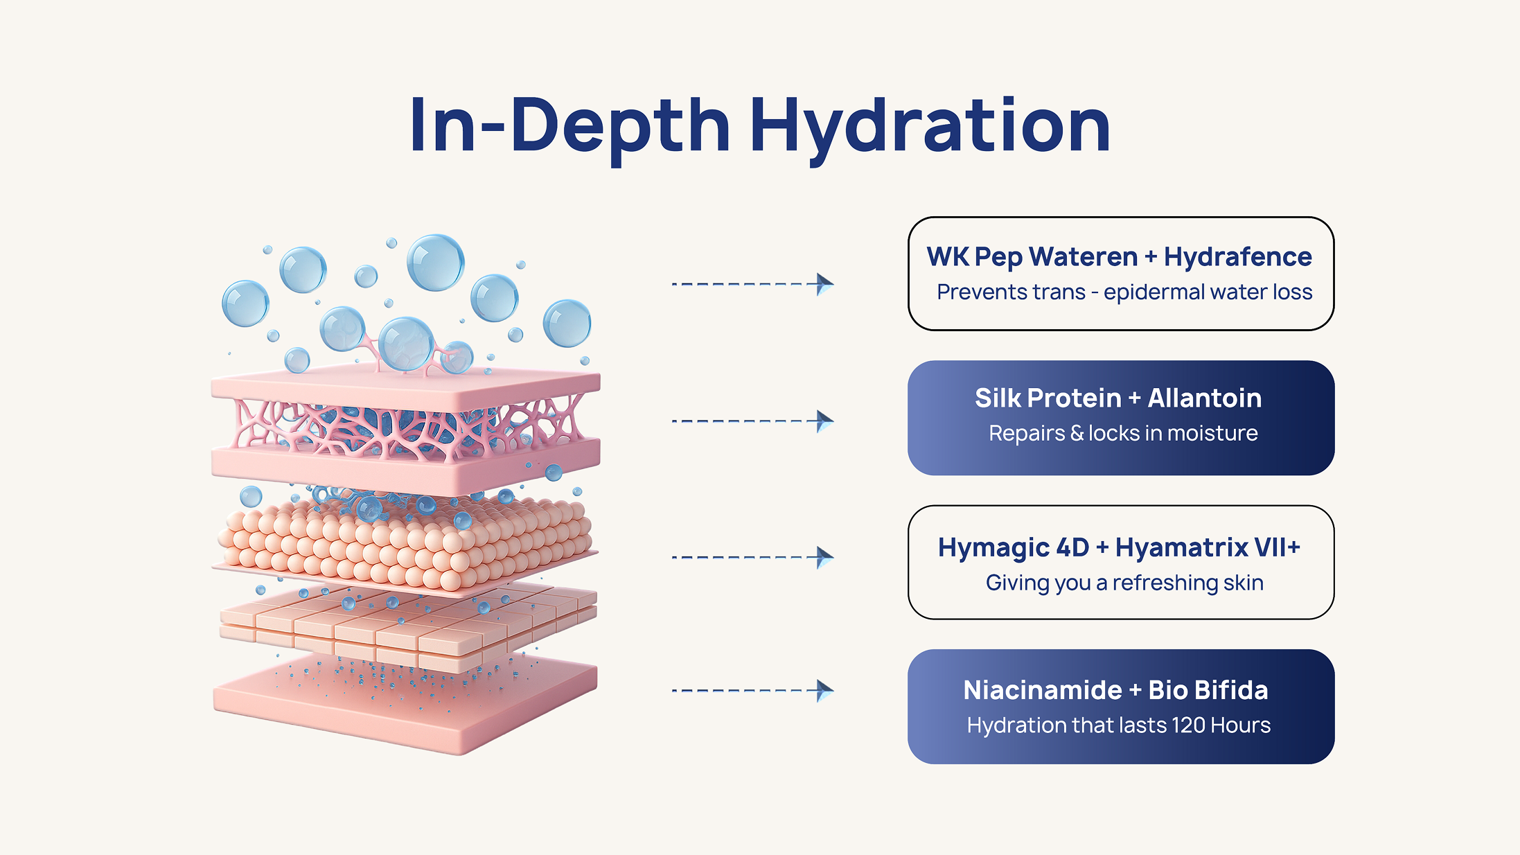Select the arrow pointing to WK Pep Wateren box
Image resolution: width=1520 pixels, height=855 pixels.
pyautogui.click(x=752, y=284)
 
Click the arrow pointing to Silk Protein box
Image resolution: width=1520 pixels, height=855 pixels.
pyautogui.click(x=752, y=421)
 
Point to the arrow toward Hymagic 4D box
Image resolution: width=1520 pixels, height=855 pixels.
pyautogui.click(x=752, y=557)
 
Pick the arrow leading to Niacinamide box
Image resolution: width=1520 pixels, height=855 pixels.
pyautogui.click(x=752, y=691)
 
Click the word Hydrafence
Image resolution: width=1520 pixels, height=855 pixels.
pyautogui.click(x=1237, y=256)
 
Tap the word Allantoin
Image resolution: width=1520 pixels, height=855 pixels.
pyautogui.click(x=1205, y=398)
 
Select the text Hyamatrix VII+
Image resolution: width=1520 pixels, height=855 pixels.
pyautogui.click(x=1208, y=547)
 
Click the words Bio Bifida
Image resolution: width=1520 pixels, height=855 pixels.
pyautogui.click(x=1208, y=690)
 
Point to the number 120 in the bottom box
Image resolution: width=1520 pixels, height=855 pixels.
pyautogui.click(x=1189, y=725)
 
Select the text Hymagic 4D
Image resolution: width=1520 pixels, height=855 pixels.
pyautogui.click(x=1014, y=548)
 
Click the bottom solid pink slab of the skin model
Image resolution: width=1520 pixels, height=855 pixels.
pyautogui.click(x=405, y=703)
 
